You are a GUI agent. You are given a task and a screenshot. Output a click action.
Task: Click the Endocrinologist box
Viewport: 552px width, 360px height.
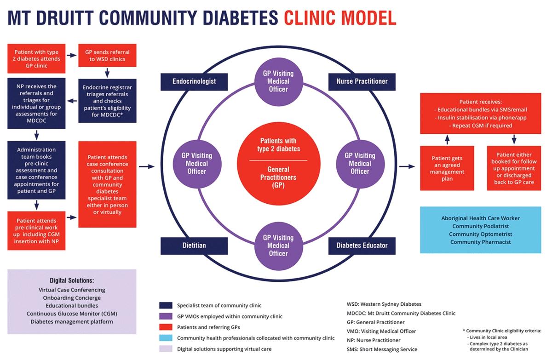pyautogui.click(x=194, y=82)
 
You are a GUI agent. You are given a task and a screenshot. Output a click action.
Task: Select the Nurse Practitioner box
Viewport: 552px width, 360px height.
pyautogui.click(x=362, y=82)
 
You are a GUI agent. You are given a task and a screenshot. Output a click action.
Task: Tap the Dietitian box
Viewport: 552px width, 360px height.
pyautogui.click(x=194, y=246)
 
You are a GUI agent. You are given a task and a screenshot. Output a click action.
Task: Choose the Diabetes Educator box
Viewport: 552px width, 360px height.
pyautogui.click(x=362, y=246)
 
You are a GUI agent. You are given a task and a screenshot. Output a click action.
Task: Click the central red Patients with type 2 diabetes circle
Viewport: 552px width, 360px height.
pyautogui.click(x=278, y=164)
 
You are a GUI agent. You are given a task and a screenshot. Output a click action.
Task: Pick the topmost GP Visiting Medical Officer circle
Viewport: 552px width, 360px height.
pyautogui.click(x=278, y=82)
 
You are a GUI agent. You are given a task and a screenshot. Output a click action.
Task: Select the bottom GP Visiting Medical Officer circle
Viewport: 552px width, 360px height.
pyautogui.click(x=278, y=246)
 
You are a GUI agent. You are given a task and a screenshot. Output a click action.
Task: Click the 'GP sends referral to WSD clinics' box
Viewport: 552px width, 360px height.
pyautogui.click(x=107, y=56)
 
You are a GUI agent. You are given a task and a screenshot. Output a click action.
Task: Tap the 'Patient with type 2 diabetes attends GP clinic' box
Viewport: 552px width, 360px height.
pyautogui.click(x=36, y=58)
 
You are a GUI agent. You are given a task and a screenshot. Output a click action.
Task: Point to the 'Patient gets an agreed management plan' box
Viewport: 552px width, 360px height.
pyautogui.click(x=447, y=168)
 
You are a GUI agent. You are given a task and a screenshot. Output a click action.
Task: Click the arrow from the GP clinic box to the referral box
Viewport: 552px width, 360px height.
pyautogui.click(x=72, y=55)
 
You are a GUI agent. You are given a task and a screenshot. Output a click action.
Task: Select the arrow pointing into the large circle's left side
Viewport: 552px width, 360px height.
pyautogui.click(x=147, y=167)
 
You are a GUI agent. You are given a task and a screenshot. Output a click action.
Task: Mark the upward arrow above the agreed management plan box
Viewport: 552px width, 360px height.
pyautogui.click(x=447, y=140)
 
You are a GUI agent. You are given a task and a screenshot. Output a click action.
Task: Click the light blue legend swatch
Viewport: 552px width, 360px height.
pyautogui.click(x=166, y=337)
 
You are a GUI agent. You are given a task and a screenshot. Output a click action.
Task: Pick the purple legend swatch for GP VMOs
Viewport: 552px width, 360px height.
pyautogui.click(x=166, y=316)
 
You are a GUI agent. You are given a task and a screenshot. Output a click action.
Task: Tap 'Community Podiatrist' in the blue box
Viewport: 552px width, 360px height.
pyautogui.click(x=481, y=226)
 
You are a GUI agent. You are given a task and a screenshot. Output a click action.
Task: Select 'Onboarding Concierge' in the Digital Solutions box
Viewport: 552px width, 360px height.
pyautogui.click(x=72, y=298)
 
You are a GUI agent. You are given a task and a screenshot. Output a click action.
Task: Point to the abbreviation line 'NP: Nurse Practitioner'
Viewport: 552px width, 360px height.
pyautogui.click(x=374, y=340)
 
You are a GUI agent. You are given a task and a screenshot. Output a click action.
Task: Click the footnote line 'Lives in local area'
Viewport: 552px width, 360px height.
pyautogui.click(x=487, y=337)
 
